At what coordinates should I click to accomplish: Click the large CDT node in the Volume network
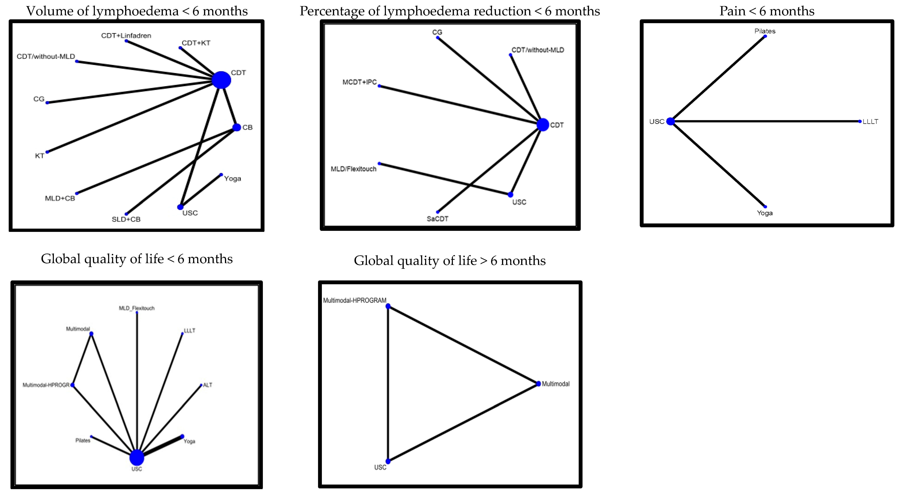(x=221, y=80)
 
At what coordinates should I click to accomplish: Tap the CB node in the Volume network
(x=237, y=127)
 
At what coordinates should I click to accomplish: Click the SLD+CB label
(x=126, y=219)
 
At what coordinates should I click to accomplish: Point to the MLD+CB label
(x=60, y=198)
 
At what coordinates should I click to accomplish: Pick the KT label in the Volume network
(x=40, y=156)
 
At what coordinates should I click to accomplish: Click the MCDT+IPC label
(x=360, y=82)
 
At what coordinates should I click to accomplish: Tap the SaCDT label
(x=437, y=219)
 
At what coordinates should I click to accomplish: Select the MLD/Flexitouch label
(x=354, y=169)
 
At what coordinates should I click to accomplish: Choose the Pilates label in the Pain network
(x=765, y=31)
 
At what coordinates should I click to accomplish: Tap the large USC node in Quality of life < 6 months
(x=137, y=457)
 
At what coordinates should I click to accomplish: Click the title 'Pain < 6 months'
(x=767, y=11)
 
